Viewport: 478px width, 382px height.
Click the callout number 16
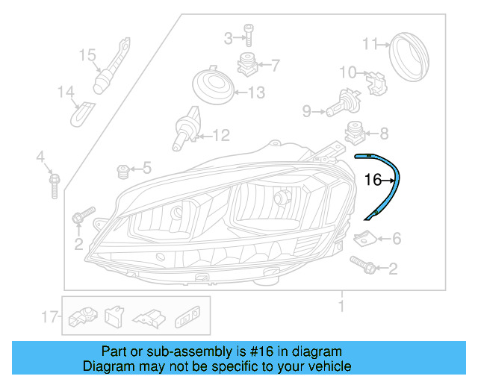[x=372, y=180]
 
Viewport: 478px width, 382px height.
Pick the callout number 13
[x=256, y=93]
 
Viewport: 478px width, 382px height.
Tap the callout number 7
[x=275, y=66]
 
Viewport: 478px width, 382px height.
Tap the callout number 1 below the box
[x=341, y=307]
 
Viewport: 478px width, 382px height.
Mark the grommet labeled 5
[x=123, y=172]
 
